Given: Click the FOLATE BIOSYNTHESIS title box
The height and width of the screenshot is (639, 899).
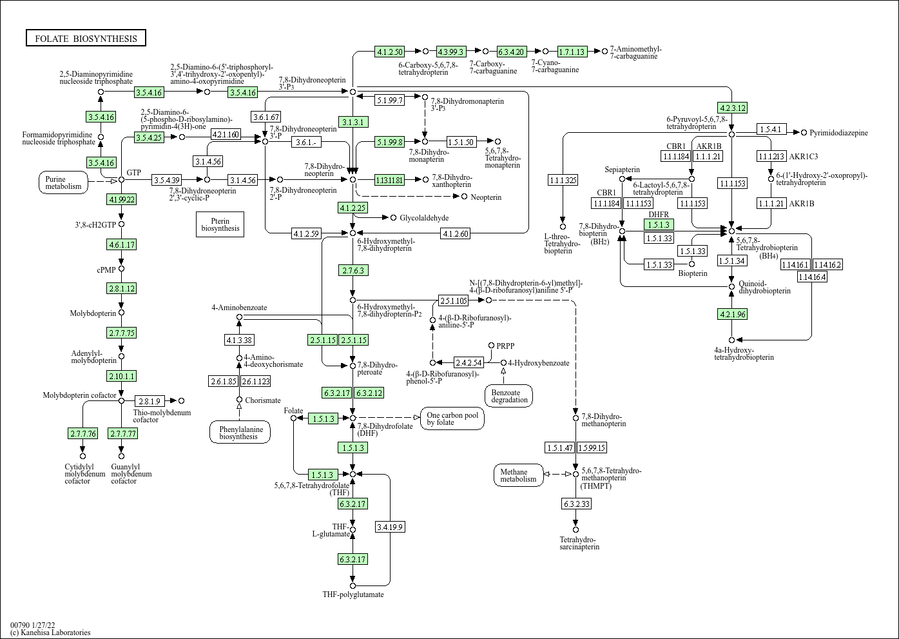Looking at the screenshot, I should [x=86, y=39].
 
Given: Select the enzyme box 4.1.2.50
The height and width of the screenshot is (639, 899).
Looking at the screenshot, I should [x=390, y=52].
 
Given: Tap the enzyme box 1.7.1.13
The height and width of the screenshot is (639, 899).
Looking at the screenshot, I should [x=571, y=52].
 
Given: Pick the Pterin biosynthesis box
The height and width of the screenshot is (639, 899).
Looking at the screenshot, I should [x=220, y=224].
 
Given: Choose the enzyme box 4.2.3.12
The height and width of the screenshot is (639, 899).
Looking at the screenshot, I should [x=732, y=108].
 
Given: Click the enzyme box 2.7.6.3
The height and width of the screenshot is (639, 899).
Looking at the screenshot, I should [x=353, y=270].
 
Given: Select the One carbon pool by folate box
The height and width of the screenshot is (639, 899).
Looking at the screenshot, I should [x=452, y=418].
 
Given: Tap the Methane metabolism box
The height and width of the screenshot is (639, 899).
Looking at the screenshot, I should [x=518, y=475].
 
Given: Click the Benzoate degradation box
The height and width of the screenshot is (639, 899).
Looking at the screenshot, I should [x=509, y=396].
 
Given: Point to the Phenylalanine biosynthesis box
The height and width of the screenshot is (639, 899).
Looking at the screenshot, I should [x=240, y=432].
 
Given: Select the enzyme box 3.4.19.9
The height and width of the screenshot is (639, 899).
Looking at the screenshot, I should [x=390, y=527].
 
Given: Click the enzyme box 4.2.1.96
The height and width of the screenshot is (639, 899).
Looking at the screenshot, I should [x=732, y=314].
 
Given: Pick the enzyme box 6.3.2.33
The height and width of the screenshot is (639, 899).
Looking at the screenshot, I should [x=576, y=504].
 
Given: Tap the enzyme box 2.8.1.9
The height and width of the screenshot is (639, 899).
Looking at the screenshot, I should [x=150, y=401].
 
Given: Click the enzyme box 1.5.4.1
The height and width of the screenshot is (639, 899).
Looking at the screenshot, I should [x=770, y=130].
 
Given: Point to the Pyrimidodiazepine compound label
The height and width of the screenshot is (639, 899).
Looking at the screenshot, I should [x=838, y=133].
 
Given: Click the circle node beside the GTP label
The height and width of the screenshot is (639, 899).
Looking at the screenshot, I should [x=121, y=179].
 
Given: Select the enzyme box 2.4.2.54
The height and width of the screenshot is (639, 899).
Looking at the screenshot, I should [x=469, y=362].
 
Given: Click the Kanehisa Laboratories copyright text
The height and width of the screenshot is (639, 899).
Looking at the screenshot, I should [x=50, y=633].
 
